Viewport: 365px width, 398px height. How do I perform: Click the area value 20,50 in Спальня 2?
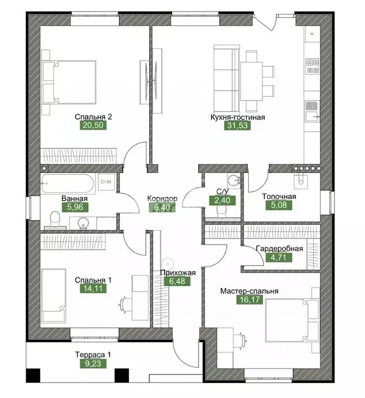93,125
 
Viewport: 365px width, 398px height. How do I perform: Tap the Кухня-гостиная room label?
238,117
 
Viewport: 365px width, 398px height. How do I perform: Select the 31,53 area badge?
237,125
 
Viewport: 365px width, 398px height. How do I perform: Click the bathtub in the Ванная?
68,183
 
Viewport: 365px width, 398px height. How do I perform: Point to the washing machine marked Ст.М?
106,182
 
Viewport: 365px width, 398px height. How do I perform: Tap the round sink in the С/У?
233,181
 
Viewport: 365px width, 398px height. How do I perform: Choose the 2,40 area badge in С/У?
222,201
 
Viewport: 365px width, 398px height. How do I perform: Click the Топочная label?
279,196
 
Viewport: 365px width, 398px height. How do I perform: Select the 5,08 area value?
278,205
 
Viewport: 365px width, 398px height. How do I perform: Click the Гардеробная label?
279,249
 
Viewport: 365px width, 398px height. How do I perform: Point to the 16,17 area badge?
250,300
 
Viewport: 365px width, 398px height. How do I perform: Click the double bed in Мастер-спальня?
292,320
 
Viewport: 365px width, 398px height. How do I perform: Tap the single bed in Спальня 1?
54,295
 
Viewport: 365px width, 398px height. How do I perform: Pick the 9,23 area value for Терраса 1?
93,363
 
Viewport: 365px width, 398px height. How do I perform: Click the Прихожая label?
178,273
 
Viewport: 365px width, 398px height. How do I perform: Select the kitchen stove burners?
312,66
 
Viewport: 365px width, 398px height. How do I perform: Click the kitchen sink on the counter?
312,111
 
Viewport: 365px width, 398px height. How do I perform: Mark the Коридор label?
162,198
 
